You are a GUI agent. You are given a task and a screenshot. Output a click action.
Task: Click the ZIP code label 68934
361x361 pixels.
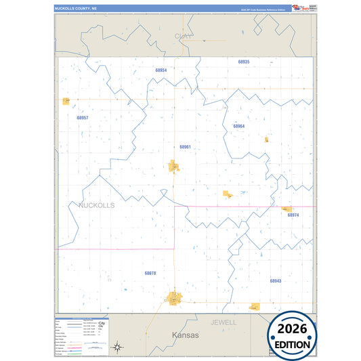pos(161,70)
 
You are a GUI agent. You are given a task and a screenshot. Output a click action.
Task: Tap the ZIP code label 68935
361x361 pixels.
pos(244,62)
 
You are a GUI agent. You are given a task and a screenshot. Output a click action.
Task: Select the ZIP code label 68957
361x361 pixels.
pos(83,118)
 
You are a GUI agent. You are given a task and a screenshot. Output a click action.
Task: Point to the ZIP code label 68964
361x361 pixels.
pos(238,126)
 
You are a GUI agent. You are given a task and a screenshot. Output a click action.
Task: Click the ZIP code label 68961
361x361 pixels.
pos(185,147)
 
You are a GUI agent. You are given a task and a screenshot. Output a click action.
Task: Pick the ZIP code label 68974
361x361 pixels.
pos(293,215)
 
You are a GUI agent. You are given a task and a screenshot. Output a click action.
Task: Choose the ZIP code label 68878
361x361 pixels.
pos(150,273)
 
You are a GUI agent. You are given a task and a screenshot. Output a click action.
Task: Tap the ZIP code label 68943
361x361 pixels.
pos(275,280)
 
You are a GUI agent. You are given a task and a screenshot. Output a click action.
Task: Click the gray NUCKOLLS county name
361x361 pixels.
pos(97,205)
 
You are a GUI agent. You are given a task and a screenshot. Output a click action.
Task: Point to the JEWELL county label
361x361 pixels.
pos(224,322)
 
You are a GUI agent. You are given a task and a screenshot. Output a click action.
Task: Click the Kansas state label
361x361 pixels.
pos(185,335)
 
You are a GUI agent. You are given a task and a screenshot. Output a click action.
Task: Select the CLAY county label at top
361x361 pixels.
pos(182,36)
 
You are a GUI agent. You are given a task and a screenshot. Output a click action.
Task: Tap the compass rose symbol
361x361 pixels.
pos(117,347)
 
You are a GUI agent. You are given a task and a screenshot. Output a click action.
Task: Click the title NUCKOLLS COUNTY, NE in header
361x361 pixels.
pos(77,9)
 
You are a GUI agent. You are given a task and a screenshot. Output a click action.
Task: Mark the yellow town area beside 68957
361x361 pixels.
pos(66,102)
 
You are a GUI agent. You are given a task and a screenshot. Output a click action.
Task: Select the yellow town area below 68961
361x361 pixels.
pos(173,165)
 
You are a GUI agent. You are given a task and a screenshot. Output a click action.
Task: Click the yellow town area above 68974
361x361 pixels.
pos(286,209)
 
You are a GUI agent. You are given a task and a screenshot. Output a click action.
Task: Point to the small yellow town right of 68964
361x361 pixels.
pos(266,140)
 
